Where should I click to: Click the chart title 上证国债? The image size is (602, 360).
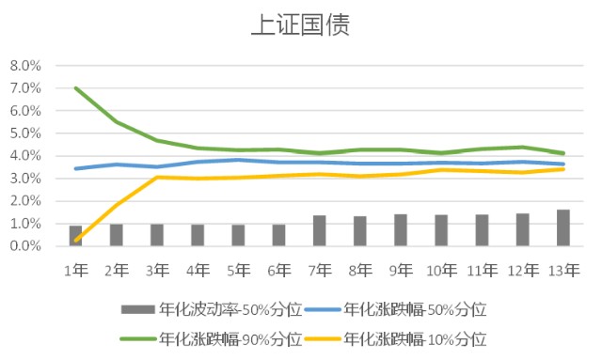point(301,25)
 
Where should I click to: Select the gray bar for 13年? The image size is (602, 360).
point(563,227)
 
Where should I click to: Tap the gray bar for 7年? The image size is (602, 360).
point(320,230)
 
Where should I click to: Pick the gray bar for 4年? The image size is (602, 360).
point(198,235)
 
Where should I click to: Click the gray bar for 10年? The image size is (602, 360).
point(441,230)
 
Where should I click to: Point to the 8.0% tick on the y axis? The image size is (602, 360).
point(25,66)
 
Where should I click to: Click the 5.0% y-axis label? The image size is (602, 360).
point(25,133)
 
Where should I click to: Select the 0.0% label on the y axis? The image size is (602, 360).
point(25,246)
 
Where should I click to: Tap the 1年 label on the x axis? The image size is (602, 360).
point(76,271)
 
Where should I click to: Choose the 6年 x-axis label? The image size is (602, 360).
point(279,271)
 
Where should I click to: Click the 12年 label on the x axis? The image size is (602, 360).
point(523,271)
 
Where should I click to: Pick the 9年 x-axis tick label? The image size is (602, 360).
point(401,271)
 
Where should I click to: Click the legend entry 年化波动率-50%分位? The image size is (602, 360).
point(212,309)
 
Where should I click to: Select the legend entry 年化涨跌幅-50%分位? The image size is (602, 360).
point(395,309)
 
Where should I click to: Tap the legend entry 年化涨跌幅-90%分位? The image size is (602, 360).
point(212,339)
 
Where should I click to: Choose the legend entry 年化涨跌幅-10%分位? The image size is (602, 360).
point(395,339)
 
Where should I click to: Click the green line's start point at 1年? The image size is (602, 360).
point(76,88)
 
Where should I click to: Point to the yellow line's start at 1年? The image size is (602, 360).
point(76,241)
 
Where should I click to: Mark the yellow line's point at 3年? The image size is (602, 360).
point(157,177)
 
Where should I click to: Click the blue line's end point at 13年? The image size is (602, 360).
point(563,164)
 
